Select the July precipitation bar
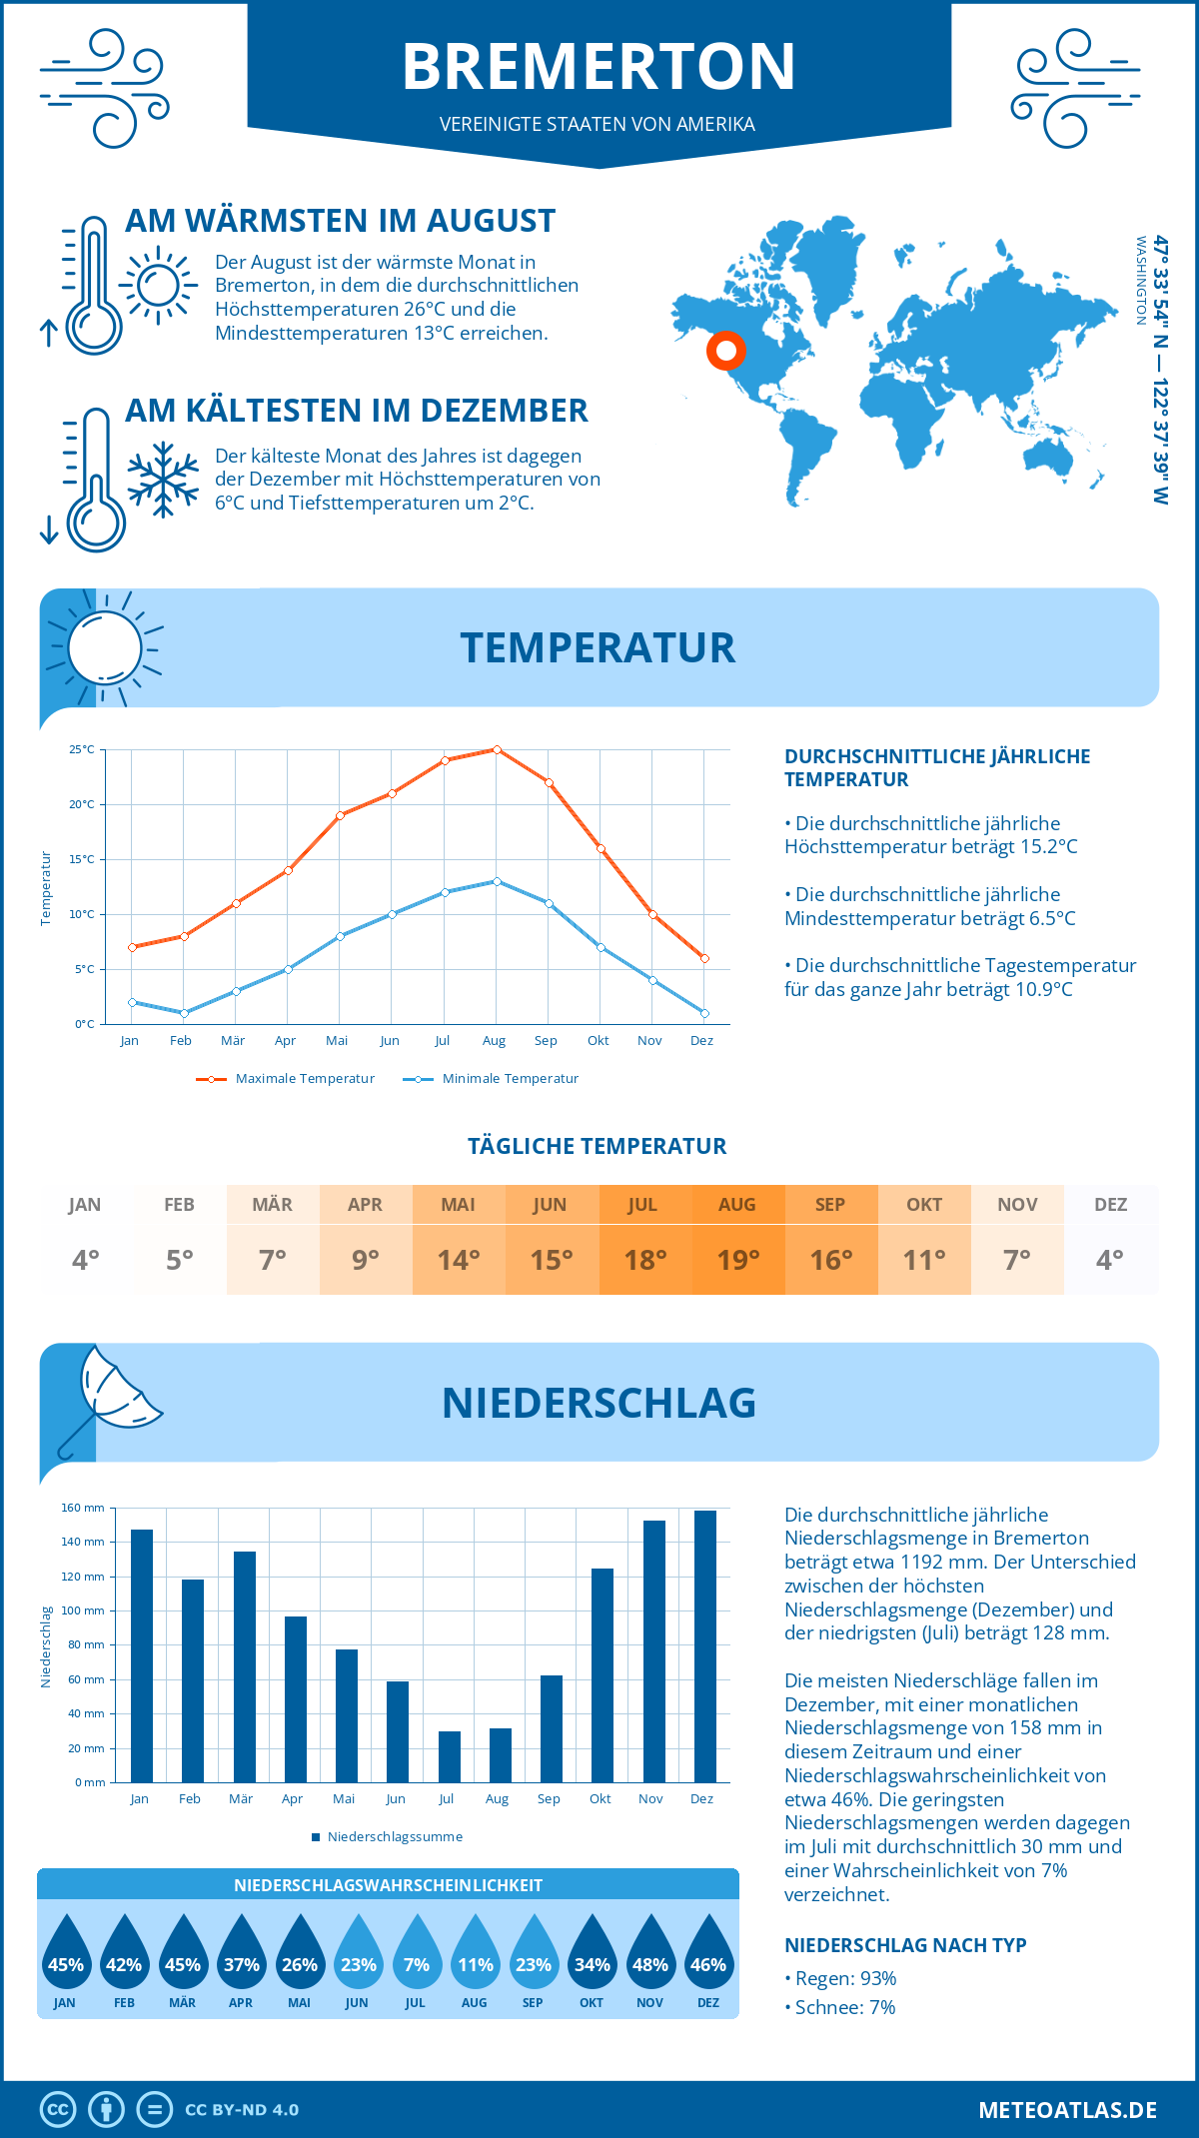pos(450,1757)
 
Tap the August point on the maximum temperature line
pos(497,749)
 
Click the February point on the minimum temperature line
pos(184,1013)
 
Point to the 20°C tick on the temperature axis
pos(83,804)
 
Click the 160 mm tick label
pos(83,1508)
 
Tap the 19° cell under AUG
pos(738,1260)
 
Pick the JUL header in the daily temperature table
pos(642,1205)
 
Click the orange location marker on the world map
pos(726,351)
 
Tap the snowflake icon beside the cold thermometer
pos(163,480)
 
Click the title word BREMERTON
pos(599,67)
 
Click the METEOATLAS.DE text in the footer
pos(1067,2110)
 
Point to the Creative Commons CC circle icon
pos(58,2110)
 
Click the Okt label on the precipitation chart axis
pos(599,1799)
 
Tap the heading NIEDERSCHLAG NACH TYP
pos(905,1945)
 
